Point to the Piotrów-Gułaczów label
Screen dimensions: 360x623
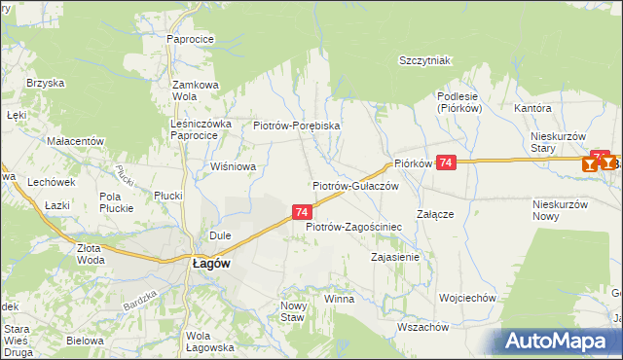coord(356,185)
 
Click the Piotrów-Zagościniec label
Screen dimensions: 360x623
coord(354,227)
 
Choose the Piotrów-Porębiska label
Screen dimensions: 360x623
coord(296,126)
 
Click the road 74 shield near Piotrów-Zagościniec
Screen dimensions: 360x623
coord(302,211)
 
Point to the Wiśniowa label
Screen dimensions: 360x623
coord(234,166)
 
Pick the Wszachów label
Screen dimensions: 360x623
coord(423,327)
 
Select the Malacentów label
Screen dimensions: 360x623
coord(75,141)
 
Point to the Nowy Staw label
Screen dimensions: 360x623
coord(293,311)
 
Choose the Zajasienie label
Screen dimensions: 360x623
coord(395,258)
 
